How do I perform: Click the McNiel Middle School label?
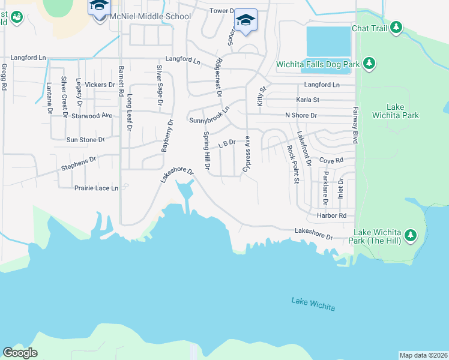149,17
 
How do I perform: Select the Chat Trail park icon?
396,28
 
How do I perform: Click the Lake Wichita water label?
313,304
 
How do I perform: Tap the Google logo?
20,352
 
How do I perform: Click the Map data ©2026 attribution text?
424,355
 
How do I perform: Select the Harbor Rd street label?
334,215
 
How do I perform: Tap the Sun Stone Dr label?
85,140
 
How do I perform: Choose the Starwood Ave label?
92,115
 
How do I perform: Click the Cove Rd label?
331,161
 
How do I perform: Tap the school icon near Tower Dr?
246,20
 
